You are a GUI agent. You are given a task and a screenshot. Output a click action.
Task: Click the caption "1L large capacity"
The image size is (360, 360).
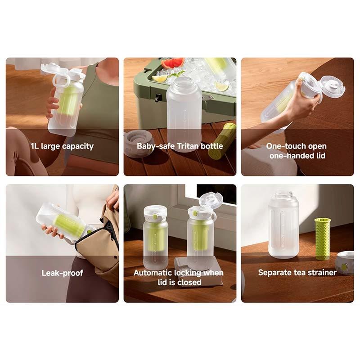62,146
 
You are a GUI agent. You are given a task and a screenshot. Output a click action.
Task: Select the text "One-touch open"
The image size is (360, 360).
296,146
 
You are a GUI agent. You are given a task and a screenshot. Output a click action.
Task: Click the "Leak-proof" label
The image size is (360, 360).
62,273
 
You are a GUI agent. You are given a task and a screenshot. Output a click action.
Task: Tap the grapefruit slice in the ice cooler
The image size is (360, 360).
173,63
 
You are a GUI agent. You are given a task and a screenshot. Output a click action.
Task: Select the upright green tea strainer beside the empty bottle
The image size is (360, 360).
322,238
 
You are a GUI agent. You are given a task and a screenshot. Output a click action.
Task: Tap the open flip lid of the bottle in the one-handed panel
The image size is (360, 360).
333,86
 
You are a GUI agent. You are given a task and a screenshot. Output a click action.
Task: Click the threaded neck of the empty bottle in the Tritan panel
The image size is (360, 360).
184,84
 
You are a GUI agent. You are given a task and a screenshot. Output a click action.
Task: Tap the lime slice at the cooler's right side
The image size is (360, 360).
221,86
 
